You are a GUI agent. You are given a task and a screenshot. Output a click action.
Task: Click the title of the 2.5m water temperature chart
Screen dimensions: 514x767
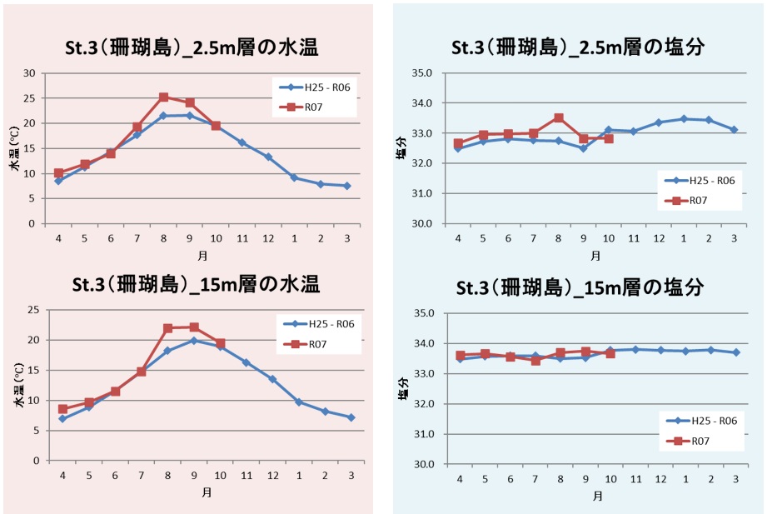click(192, 47)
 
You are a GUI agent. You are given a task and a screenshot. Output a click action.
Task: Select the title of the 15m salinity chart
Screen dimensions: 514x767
click(580, 287)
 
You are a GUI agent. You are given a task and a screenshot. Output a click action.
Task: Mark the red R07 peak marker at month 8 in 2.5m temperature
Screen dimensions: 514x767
click(163, 97)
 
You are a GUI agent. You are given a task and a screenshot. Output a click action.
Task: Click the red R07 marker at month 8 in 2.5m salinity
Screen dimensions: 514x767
click(559, 118)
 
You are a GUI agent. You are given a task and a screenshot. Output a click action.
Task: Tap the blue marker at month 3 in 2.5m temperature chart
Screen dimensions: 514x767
click(347, 186)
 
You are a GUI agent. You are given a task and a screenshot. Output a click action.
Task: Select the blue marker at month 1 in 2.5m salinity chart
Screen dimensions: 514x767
click(684, 119)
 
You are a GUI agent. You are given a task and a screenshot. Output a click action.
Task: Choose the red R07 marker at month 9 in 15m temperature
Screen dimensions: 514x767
click(194, 327)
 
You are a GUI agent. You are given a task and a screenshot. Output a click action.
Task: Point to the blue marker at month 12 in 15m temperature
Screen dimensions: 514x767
click(272, 379)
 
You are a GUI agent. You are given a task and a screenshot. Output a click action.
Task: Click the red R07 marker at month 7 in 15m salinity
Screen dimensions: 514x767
click(535, 361)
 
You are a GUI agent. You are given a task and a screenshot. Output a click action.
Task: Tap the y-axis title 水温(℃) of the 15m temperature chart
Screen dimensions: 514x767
click(18, 386)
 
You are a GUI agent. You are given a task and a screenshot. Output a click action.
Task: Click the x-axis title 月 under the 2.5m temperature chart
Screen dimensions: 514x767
click(202, 254)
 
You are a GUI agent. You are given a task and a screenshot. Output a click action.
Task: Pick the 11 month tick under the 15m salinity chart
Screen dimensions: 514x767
click(635, 480)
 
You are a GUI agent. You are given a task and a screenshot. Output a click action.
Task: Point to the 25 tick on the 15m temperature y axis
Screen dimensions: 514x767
click(34, 310)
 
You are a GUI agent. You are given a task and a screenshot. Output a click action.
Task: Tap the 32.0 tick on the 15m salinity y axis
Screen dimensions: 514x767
click(425, 404)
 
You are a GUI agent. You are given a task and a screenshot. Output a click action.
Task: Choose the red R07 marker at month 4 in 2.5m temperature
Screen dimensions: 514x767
click(58, 173)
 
